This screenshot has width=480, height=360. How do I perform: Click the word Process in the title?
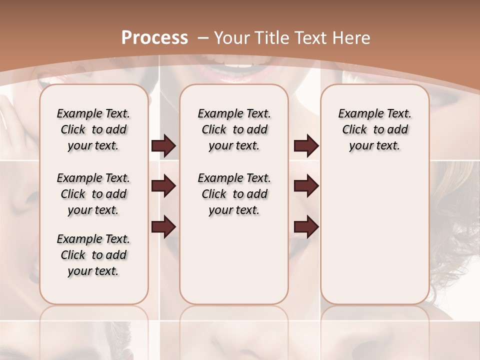(154, 37)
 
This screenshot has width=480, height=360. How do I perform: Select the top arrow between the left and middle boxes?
(163, 146)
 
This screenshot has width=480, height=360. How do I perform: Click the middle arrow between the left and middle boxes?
(163, 186)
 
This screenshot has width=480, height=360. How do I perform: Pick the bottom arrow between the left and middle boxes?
(163, 226)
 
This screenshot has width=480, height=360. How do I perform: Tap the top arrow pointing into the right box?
(306, 146)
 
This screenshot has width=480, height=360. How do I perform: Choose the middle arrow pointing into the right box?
(306, 186)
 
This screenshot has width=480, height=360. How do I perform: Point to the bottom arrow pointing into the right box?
(306, 226)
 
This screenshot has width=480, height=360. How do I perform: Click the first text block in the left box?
(93, 129)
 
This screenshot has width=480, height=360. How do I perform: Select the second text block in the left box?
(93, 194)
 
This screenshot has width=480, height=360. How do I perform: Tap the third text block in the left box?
(93, 255)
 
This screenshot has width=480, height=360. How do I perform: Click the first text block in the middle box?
(234, 129)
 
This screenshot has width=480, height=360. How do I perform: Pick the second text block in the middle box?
(234, 194)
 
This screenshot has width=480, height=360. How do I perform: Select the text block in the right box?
(375, 129)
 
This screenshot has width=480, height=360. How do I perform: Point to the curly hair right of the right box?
(452, 250)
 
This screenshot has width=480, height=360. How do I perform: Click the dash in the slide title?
(203, 37)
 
